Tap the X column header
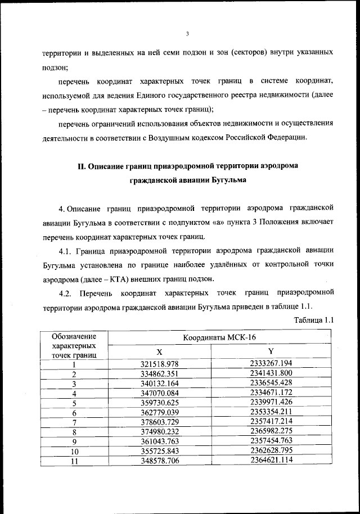(x=159, y=350)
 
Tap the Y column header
(x=271, y=350)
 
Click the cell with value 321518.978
(x=159, y=364)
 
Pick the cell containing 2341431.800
(x=271, y=373)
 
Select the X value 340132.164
(x=159, y=384)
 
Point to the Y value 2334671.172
(x=271, y=393)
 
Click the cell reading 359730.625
(x=159, y=403)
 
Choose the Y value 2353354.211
(x=271, y=413)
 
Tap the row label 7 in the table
(x=74, y=423)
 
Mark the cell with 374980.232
(x=159, y=432)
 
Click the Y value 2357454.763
(x=271, y=442)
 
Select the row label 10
(x=74, y=452)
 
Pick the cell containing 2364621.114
(x=271, y=462)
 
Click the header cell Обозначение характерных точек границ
(x=74, y=345)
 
